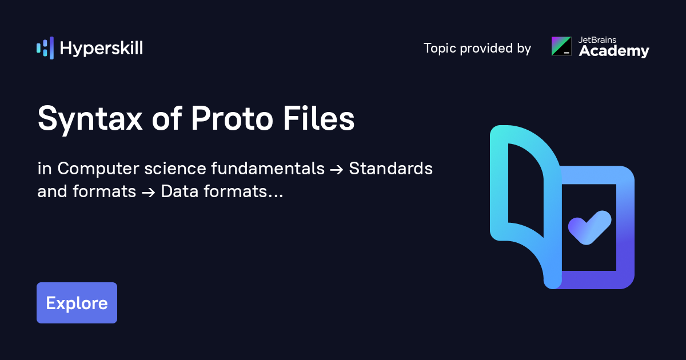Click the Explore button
coord(77,303)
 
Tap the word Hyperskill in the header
coord(101,48)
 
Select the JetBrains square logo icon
coord(561,46)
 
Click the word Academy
coord(614,51)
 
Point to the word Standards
coord(390,169)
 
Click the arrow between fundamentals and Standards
coord(337,169)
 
